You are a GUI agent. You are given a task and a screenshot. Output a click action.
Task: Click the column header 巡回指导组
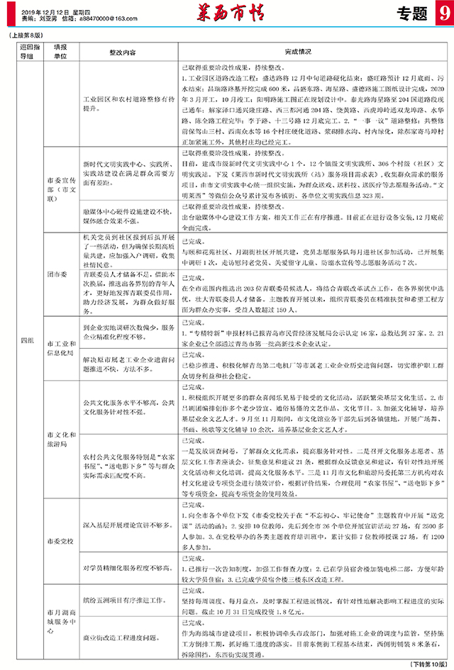pos(26,51)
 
